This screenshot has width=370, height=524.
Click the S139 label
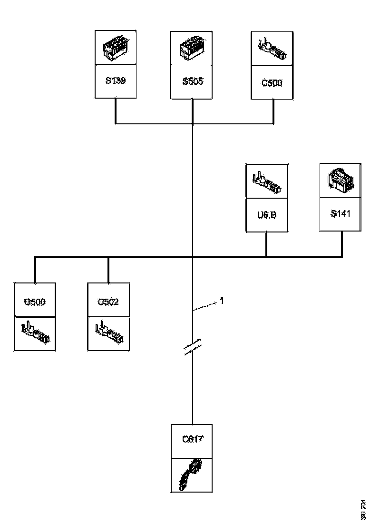click(116, 81)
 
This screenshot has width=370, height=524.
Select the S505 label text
click(192, 81)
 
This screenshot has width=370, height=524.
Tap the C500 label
click(272, 83)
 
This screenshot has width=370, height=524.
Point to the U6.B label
click(267, 215)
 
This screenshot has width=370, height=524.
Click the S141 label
click(341, 213)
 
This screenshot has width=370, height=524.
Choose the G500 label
click(35, 302)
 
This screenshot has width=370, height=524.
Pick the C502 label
click(108, 302)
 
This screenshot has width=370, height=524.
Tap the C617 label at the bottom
click(192, 439)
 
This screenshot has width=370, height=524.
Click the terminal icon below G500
click(35, 333)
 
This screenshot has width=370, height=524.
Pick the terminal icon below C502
click(108, 333)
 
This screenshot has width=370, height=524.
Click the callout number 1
click(222, 301)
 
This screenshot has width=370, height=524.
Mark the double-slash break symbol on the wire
click(192, 347)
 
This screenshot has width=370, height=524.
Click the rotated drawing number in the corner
click(364, 509)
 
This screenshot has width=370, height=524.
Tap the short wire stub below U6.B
click(266, 244)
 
